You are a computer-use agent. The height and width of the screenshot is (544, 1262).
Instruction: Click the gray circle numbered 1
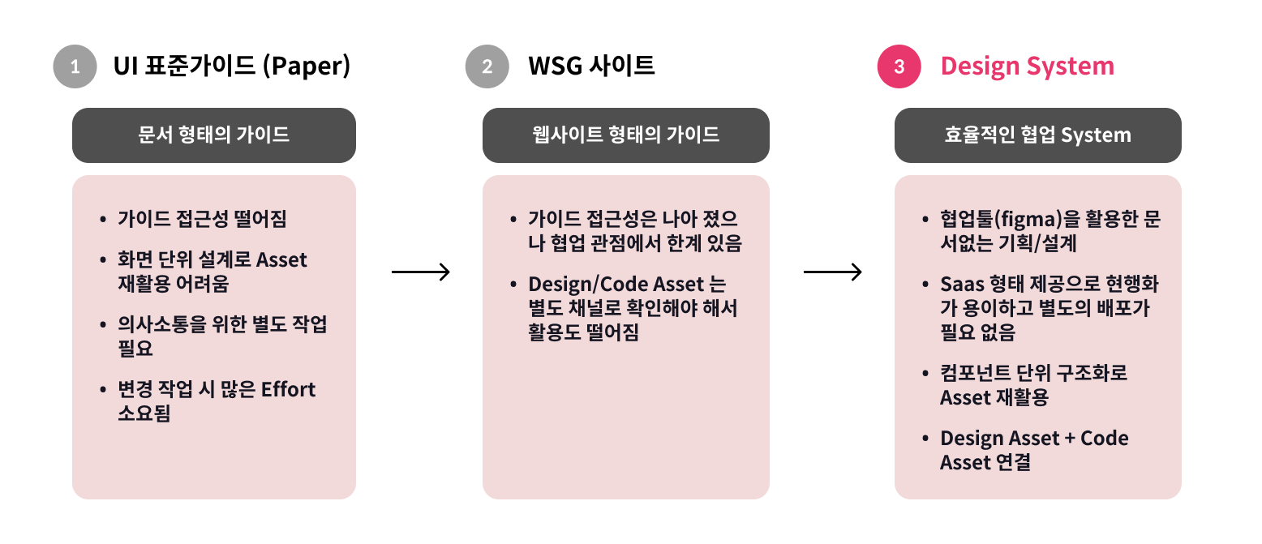coord(75,66)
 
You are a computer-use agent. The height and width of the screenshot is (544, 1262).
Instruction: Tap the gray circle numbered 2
coord(487,66)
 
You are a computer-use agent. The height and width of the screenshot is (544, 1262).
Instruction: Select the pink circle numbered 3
coord(899,66)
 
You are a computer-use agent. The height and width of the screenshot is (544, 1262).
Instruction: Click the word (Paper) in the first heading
coord(307,66)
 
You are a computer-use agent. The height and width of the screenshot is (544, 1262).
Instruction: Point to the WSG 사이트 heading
coord(591,66)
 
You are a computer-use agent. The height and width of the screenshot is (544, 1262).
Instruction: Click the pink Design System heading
coord(1027,66)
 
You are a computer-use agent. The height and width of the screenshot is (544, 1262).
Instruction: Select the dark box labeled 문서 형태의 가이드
coord(214,135)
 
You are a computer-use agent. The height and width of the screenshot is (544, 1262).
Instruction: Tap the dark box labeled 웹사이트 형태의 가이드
coord(625,135)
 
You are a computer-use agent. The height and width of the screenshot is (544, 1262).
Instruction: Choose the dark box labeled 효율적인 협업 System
coord(1037,135)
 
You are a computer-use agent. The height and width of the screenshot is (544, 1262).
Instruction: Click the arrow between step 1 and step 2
coord(420,272)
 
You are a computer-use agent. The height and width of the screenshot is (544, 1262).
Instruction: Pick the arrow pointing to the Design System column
coord(832,272)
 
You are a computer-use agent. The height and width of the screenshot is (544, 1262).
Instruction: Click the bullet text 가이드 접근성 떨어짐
coord(202,219)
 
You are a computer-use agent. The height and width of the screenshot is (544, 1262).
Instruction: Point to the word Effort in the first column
coord(288,389)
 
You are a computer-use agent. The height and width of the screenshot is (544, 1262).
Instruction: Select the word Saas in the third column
coord(962,285)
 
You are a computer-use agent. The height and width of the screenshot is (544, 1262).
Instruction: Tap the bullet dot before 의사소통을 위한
coord(102,325)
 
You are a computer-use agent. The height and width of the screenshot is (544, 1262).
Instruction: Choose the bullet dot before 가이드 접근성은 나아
coord(513,220)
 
